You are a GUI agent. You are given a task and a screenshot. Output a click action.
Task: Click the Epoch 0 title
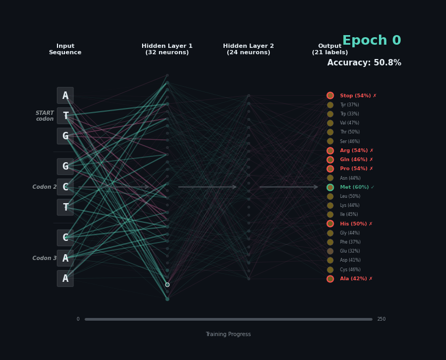[x=371, y=40]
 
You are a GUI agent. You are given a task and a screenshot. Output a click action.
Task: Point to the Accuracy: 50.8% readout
[x=364, y=63]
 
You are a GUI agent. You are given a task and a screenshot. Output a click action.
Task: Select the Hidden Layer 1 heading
[x=167, y=49]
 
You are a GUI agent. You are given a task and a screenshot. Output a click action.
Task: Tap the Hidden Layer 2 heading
[x=249, y=49]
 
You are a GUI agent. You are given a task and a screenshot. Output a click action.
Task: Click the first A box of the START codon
[x=65, y=96]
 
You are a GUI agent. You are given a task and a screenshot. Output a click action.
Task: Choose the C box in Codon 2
[x=65, y=187]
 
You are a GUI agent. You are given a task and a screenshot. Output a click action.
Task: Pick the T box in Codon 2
[x=65, y=207]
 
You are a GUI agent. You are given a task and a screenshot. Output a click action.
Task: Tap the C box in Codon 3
[x=65, y=238]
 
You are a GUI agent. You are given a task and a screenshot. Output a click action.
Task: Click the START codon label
[x=45, y=116]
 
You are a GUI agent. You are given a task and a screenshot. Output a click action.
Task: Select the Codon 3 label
[x=44, y=258]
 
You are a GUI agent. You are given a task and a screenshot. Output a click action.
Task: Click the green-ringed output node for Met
[x=330, y=187]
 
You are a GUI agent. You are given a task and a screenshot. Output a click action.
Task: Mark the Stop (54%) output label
[x=356, y=96]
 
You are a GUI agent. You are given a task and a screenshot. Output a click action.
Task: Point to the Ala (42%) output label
[x=353, y=279]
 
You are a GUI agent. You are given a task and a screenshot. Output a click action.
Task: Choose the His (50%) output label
[x=353, y=224]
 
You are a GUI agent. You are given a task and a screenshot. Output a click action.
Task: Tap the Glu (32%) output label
[x=350, y=251]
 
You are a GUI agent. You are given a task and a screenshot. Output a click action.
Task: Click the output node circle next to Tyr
[x=330, y=105]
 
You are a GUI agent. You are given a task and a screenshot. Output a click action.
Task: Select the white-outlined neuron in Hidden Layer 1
[x=167, y=284]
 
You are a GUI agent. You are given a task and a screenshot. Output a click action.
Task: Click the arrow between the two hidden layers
[x=208, y=187]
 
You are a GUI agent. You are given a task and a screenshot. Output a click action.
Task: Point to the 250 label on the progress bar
[x=382, y=319]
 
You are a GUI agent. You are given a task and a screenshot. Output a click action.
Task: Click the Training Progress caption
[x=228, y=334]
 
